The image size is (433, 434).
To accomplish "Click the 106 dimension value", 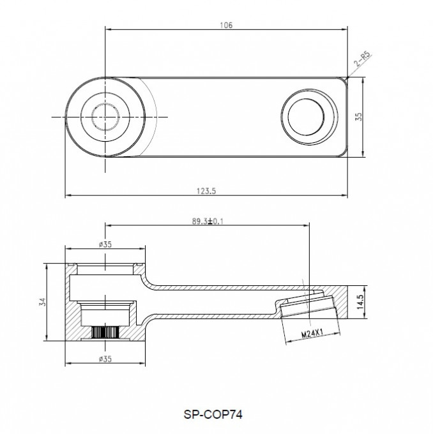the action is pyautogui.click(x=226, y=25).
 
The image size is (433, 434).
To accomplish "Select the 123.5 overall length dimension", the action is pyautogui.click(x=206, y=191).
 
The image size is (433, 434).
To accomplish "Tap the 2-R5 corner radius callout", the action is pyautogui.click(x=362, y=59).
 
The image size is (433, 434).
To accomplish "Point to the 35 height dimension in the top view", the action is pyautogui.click(x=359, y=117).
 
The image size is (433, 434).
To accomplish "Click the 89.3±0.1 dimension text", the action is pyautogui.click(x=208, y=221).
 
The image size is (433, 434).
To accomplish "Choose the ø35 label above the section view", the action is pyautogui.click(x=105, y=244).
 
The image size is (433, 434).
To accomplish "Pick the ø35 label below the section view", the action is pyautogui.click(x=105, y=359).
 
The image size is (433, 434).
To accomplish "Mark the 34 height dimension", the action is pyautogui.click(x=43, y=302).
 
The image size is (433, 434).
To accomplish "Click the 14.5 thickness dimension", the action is pyautogui.click(x=360, y=302).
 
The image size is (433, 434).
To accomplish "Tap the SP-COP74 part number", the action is pyautogui.click(x=213, y=414).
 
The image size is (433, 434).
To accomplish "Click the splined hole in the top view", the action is pyautogui.click(x=105, y=117).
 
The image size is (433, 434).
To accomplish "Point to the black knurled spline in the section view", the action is pyautogui.click(x=105, y=332).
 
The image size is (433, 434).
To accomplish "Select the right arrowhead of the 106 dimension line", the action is pyautogui.click(x=345, y=29).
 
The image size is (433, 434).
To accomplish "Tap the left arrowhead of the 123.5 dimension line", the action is pyautogui.click(x=68, y=195).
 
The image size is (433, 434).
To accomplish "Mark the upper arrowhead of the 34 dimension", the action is pyautogui.click(x=47, y=267).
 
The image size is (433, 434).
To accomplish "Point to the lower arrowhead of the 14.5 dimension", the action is pyautogui.click(x=364, y=315).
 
